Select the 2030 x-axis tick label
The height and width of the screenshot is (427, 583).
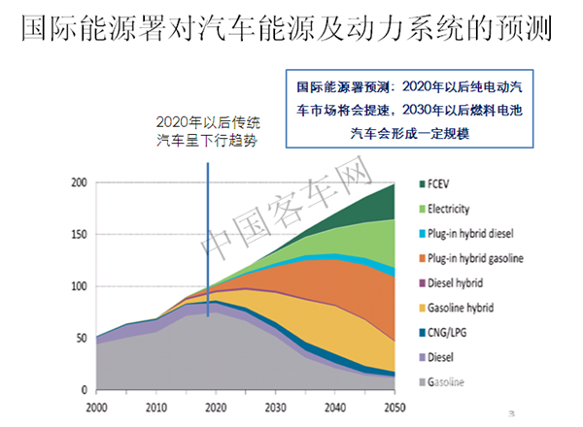[x=275, y=406]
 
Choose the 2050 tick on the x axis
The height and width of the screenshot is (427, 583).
[x=394, y=406]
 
